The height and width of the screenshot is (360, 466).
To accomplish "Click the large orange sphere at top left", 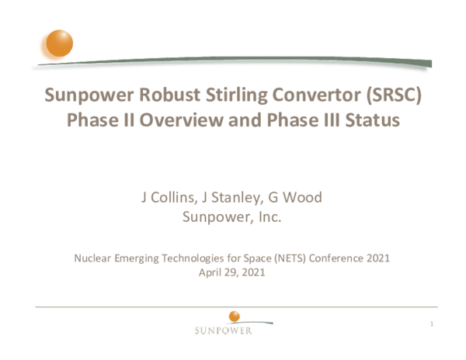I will (59, 43).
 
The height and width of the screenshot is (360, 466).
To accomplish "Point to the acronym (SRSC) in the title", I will (393, 96).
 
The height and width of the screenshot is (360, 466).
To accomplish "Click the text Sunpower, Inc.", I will (231, 216).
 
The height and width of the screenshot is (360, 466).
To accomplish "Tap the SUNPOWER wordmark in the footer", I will (223, 331).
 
